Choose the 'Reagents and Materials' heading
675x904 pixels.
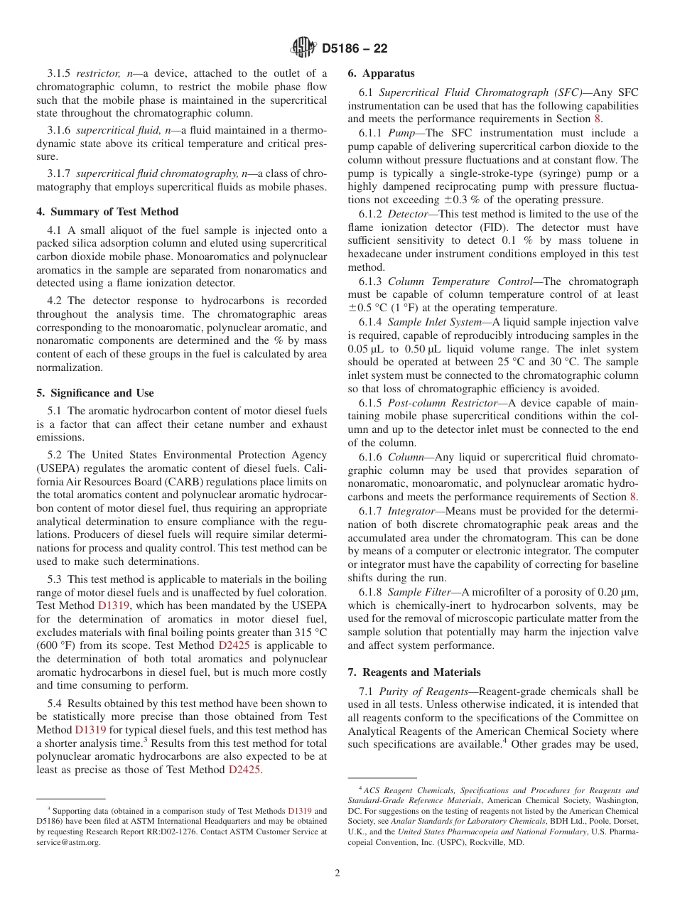point(414,672)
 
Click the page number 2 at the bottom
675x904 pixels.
point(337,873)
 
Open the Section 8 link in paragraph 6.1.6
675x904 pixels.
point(634,497)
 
